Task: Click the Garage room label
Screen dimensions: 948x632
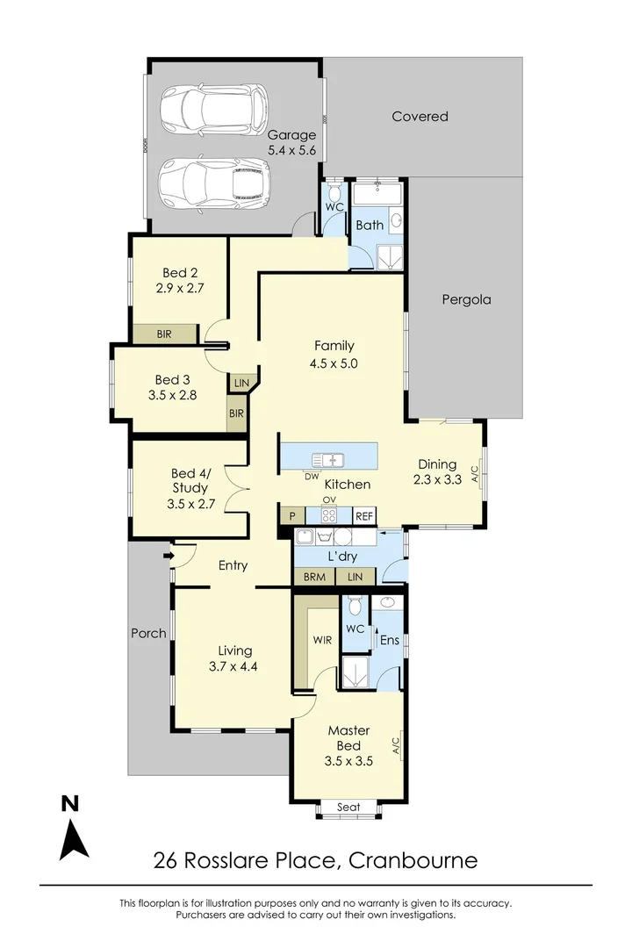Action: click(x=291, y=135)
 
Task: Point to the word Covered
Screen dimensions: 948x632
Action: click(x=420, y=116)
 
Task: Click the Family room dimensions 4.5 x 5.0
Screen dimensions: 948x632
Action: click(x=334, y=363)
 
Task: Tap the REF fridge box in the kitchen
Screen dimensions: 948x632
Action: click(x=364, y=517)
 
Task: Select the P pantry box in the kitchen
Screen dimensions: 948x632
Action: click(x=290, y=517)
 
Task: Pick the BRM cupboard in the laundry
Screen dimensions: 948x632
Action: click(x=313, y=576)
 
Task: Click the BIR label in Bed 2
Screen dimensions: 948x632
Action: click(x=163, y=334)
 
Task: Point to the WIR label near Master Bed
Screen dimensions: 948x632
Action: click(x=321, y=640)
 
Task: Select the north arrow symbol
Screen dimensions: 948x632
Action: click(x=73, y=829)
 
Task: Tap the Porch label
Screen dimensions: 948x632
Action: click(x=147, y=633)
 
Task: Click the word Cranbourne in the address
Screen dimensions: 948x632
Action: click(x=413, y=859)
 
